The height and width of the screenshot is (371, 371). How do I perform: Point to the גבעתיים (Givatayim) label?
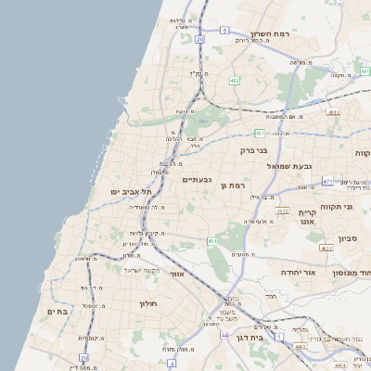pyautogui.click(x=198, y=179)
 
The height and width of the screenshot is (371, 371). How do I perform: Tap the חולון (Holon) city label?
pyautogui.click(x=149, y=303)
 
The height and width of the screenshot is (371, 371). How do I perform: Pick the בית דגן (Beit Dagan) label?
pyautogui.click(x=271, y=340)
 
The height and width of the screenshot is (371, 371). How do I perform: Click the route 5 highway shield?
pyautogui.click(x=224, y=31)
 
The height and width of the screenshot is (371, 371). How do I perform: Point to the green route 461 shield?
pyautogui.click(x=212, y=241)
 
